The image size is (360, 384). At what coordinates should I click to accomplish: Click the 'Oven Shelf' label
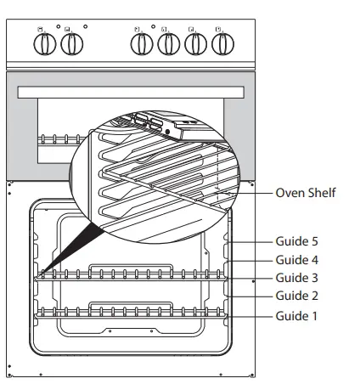pos(306,193)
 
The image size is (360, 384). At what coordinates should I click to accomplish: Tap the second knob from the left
pos(70,47)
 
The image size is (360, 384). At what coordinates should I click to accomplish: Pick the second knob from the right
pos(195,47)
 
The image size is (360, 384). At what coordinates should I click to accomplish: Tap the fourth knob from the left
pos(167,47)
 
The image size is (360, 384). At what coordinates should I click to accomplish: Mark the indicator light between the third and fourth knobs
pos(154,28)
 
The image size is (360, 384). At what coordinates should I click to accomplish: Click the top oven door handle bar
pos(132,90)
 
